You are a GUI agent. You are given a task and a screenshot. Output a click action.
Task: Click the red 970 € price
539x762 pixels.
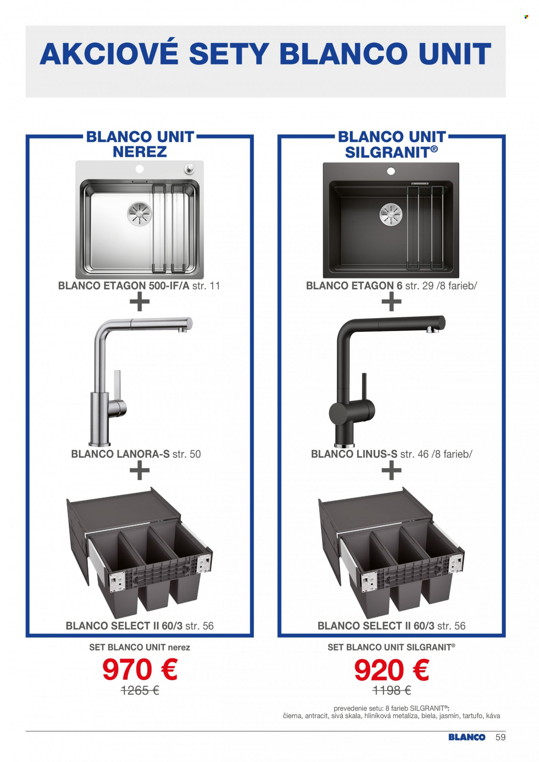tap(140, 669)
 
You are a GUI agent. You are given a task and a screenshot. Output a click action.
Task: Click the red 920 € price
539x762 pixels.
tap(392, 670)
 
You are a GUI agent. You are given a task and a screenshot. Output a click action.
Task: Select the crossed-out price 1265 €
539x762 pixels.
tap(140, 690)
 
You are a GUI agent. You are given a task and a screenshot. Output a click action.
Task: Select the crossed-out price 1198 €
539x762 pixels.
tap(392, 690)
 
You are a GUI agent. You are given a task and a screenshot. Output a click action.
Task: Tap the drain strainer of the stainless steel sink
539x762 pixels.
tap(140, 213)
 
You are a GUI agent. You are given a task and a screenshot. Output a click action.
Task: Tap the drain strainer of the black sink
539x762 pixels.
tap(391, 214)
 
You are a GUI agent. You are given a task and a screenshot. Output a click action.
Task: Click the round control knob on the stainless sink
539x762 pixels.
tap(189, 169)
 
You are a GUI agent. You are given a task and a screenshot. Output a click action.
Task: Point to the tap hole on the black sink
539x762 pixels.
tap(391, 172)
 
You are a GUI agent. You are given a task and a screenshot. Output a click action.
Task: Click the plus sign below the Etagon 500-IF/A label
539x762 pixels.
tap(140, 302)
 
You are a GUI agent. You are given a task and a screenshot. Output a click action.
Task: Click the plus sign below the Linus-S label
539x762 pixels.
tap(392, 470)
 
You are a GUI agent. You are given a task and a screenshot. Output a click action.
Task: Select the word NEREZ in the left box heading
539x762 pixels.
tap(140, 152)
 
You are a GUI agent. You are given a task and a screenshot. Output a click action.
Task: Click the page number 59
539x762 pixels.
tap(500, 737)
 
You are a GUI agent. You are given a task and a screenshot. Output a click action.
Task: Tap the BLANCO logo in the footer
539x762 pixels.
tap(467, 737)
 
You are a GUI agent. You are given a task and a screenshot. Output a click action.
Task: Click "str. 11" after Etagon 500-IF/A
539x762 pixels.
tap(206, 286)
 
